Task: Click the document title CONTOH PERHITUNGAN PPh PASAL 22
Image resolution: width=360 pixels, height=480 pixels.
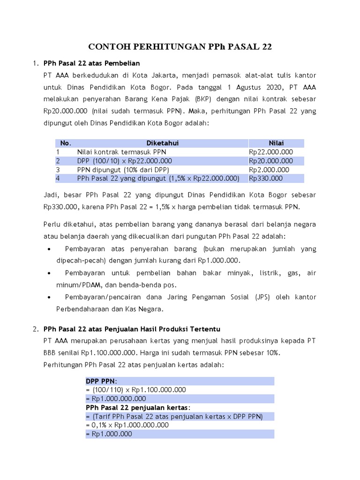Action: tap(180, 47)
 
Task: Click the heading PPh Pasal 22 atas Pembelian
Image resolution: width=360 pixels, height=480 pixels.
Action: tap(91, 62)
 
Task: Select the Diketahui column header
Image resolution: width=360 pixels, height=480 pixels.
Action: tap(162, 143)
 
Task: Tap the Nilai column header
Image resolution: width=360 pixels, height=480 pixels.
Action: tap(276, 143)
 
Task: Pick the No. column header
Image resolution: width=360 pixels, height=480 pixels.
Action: tap(66, 143)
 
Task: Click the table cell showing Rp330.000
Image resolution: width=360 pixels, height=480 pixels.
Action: tap(266, 179)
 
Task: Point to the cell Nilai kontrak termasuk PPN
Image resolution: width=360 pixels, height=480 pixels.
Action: tap(121, 152)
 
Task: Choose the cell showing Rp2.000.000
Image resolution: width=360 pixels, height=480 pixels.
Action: tap(269, 170)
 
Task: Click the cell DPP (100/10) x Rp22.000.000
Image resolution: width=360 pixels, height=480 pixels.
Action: tap(125, 161)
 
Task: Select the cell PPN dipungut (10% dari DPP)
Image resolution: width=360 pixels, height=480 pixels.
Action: tap(123, 170)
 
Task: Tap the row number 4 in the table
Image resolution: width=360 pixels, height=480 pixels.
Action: tap(58, 179)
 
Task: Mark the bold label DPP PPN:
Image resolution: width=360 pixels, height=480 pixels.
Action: tap(102, 381)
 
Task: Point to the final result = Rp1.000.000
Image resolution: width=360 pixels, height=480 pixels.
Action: tap(109, 435)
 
